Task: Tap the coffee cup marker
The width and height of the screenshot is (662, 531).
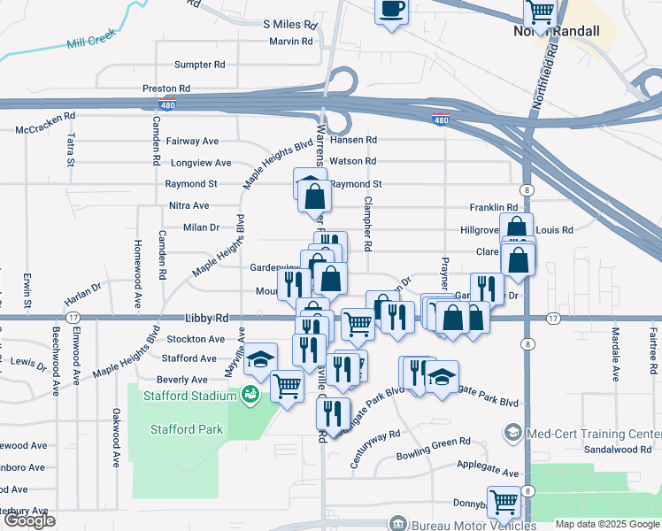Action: pyautogui.click(x=390, y=11)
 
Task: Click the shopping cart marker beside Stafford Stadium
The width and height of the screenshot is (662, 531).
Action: pyautogui.click(x=287, y=386)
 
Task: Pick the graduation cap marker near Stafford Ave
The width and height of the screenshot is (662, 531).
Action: pyautogui.click(x=260, y=358)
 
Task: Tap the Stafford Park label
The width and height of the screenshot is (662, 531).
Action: pyautogui.click(x=187, y=430)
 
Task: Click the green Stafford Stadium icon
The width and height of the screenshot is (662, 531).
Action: pyautogui.click(x=251, y=394)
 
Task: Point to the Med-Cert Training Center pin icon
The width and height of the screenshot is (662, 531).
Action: pyautogui.click(x=512, y=433)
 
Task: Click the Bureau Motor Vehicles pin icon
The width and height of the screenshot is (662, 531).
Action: pyautogui.click(x=399, y=523)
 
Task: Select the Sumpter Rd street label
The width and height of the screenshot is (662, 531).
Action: pyautogui.click(x=199, y=65)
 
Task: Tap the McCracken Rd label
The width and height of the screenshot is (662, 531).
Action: pyautogui.click(x=47, y=129)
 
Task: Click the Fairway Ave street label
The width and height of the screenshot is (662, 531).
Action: pyautogui.click(x=194, y=141)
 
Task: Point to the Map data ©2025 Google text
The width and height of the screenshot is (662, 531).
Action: pyautogui.click(x=606, y=524)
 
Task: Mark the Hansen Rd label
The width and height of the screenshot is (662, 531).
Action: pyautogui.click(x=353, y=140)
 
